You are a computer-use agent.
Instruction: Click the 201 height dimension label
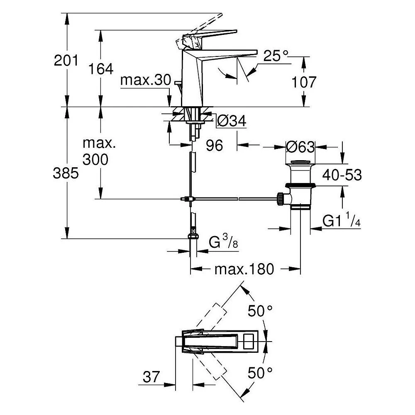[x=66, y=61]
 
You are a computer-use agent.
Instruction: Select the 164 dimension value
[x=100, y=69]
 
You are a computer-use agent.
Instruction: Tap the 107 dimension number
[x=304, y=82]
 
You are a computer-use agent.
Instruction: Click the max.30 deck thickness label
[x=146, y=80]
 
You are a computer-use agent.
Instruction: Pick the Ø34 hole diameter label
[x=232, y=121]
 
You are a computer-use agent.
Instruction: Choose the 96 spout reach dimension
[x=215, y=145]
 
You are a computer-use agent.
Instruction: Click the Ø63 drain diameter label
[x=300, y=146]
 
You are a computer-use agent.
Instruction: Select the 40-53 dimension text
[x=342, y=175]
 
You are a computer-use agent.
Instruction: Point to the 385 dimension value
[x=66, y=173]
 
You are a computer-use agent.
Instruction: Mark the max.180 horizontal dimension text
[x=244, y=269]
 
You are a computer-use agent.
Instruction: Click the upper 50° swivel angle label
[x=260, y=311]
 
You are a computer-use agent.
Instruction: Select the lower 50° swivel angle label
[x=260, y=373]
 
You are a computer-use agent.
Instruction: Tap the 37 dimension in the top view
[x=151, y=376]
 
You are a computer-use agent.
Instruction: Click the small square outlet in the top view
[x=249, y=342]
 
